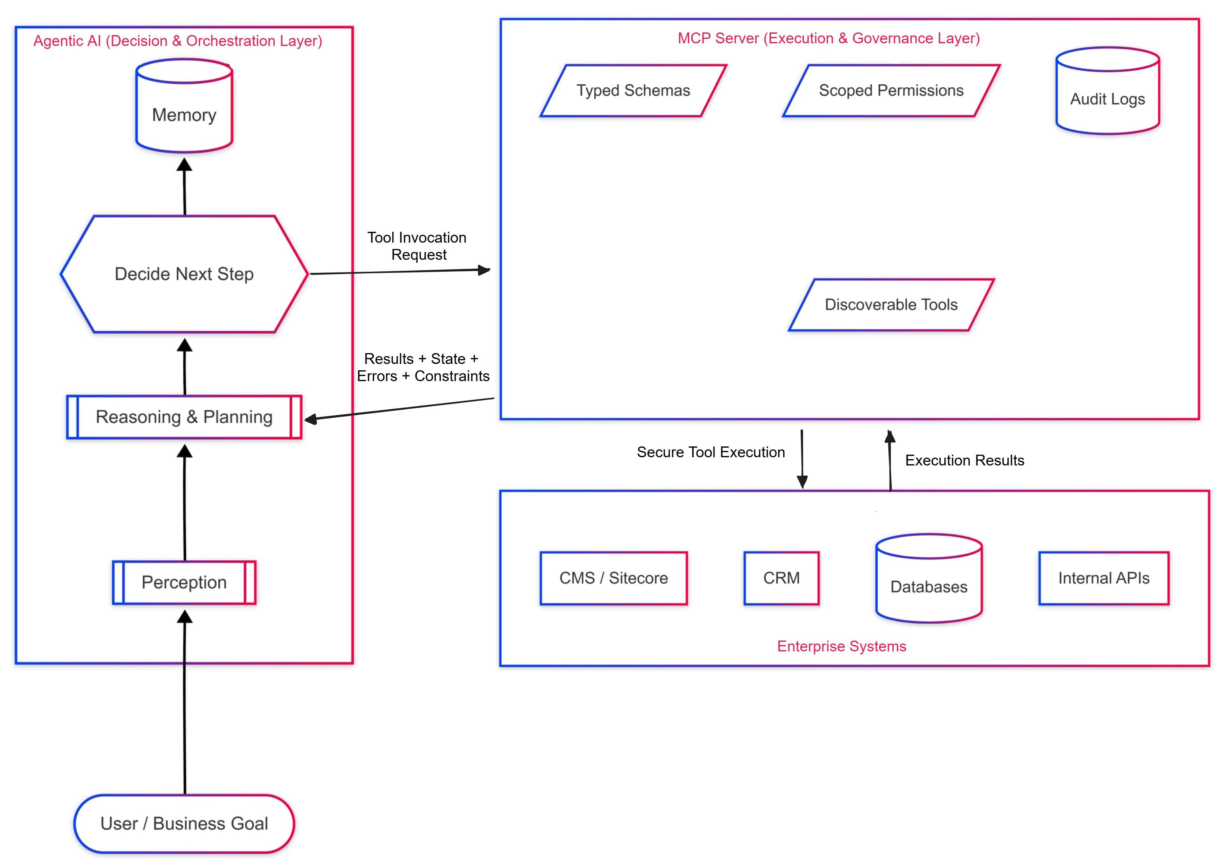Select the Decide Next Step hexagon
pyautogui.click(x=184, y=274)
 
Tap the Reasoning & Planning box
pyautogui.click(x=184, y=417)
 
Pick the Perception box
pyautogui.click(x=184, y=582)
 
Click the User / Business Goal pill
pyautogui.click(x=184, y=823)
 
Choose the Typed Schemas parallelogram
pyautogui.click(x=633, y=91)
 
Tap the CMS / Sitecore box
pyautogui.click(x=614, y=578)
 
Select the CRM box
pyautogui.click(x=782, y=578)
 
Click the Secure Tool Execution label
pyautogui.click(x=711, y=452)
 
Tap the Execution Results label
pyautogui.click(x=964, y=460)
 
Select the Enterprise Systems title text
pyautogui.click(x=841, y=646)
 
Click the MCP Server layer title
pyautogui.click(x=828, y=38)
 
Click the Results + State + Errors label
pyautogui.click(x=423, y=367)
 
